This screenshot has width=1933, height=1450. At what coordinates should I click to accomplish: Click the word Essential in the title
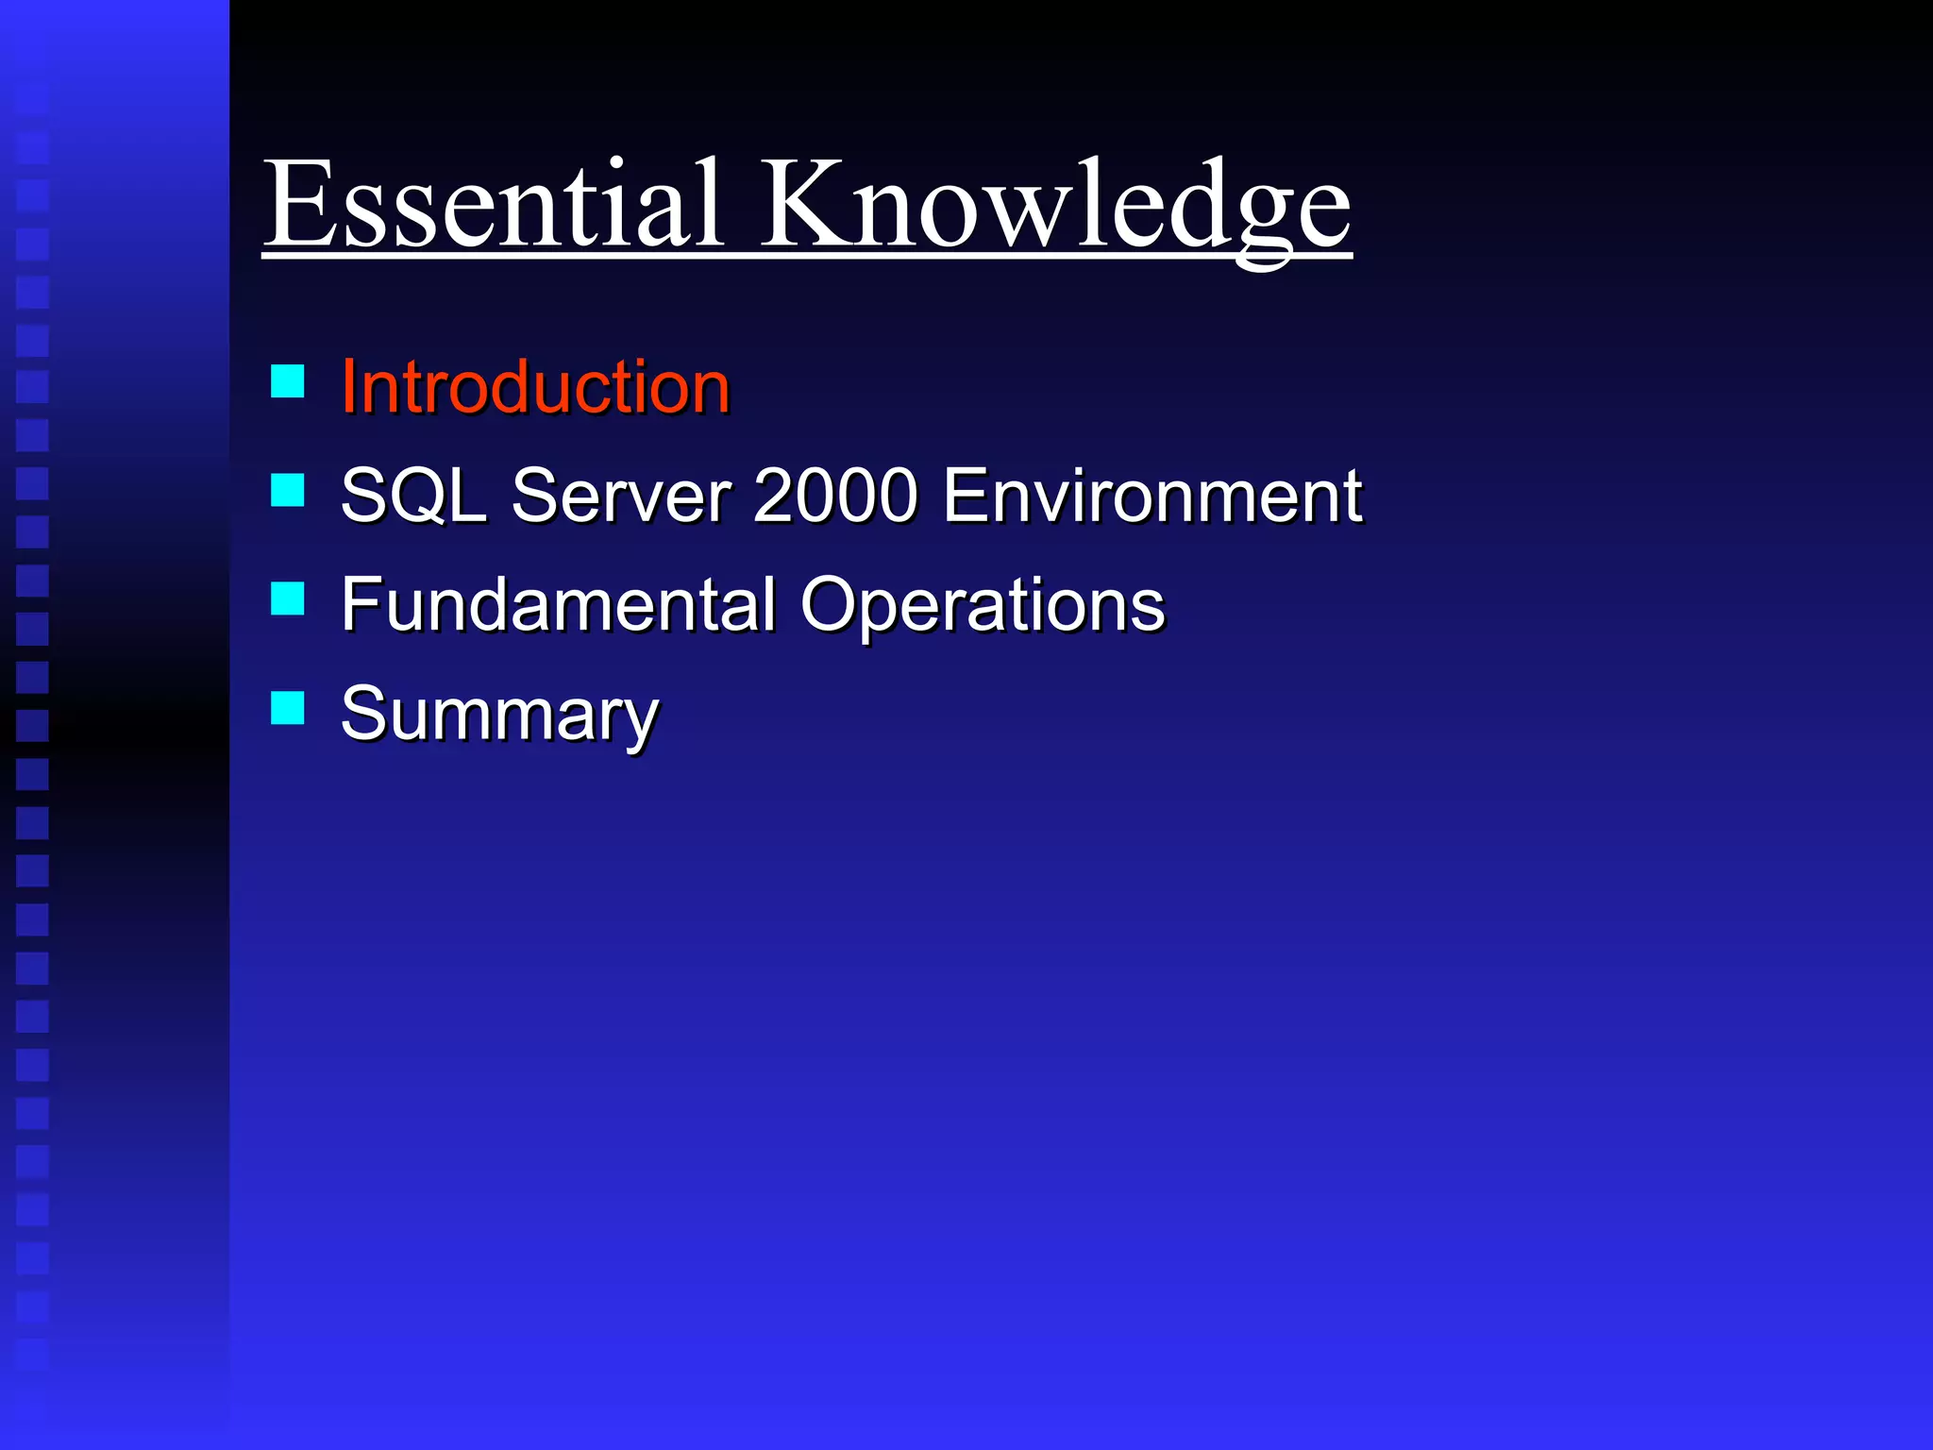(493, 205)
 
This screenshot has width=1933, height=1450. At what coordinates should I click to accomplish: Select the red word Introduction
(535, 387)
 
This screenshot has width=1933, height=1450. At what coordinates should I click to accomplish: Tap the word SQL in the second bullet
(413, 496)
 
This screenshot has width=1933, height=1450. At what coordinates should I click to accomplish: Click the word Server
(621, 496)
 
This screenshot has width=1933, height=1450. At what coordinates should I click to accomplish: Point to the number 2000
(835, 496)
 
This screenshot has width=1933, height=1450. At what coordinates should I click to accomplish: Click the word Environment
(1152, 496)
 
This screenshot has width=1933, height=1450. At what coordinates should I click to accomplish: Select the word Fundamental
(558, 604)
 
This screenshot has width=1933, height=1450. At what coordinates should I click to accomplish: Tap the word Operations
(983, 604)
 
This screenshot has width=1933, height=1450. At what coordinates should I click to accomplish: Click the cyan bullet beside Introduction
(287, 381)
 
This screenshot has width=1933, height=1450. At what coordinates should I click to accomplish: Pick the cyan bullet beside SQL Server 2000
(287, 490)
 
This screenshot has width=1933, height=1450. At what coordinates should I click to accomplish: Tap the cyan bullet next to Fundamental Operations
(287, 599)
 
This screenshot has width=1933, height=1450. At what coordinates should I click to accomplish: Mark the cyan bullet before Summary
(287, 708)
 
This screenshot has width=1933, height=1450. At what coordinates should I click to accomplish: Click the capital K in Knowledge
(803, 203)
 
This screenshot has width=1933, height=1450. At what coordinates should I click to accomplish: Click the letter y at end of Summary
(641, 722)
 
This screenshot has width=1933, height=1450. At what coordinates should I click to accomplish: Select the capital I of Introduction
(348, 387)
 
